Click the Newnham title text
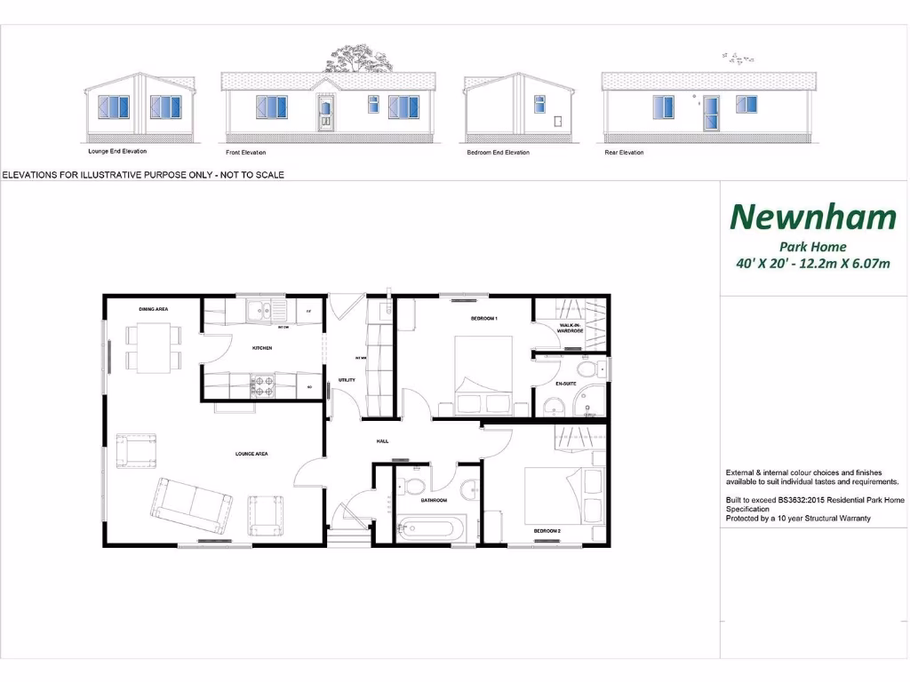812,216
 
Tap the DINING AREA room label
153,309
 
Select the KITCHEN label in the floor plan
261,348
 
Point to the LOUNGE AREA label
251,454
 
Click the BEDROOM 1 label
484,318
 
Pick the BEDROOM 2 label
546,531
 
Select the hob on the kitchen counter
262,386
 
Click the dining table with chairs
153,347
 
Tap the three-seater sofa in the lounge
188,501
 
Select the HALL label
382,440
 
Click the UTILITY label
347,380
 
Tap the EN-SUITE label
567,384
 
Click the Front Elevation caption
246,153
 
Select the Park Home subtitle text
812,247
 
